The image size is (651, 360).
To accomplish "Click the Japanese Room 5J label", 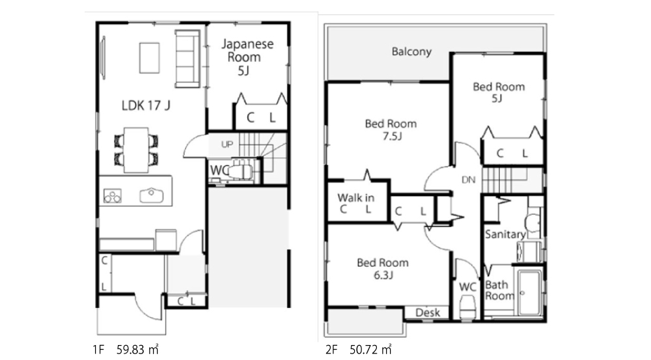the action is [247, 57].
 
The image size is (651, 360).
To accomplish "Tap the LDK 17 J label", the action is [146, 105].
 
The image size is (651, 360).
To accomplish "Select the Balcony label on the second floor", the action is [411, 51].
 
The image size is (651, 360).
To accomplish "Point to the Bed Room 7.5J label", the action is [391, 130].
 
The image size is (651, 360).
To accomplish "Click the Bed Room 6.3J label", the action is [383, 268].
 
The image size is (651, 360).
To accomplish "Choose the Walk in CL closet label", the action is [356, 203].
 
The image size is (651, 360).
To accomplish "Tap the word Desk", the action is [427, 312].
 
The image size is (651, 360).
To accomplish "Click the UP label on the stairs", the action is [227, 145].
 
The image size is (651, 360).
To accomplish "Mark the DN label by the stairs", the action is [468, 180].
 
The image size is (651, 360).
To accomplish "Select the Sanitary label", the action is [505, 234].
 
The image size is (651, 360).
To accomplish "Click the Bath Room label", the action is [499, 290].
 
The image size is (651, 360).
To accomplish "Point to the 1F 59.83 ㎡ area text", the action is [126, 350].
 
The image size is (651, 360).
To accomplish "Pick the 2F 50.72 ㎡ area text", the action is [358, 350].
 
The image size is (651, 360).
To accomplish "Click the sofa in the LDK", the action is [187, 59].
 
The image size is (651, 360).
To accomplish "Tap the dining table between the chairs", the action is [136, 150].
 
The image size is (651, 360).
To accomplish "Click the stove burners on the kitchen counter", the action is [113, 195].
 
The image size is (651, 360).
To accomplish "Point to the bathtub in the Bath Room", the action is [529, 293].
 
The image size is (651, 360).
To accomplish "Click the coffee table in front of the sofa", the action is [150, 58].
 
